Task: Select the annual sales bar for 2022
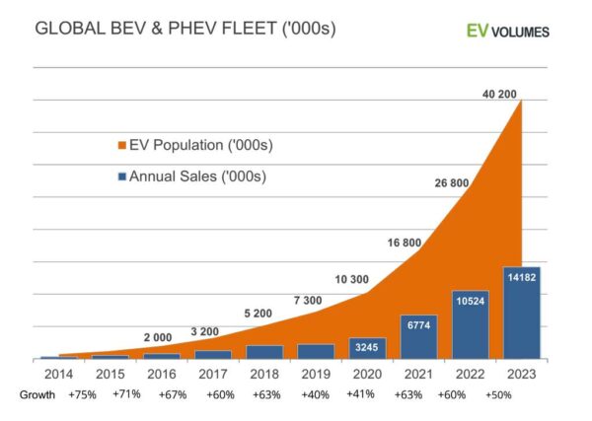click(x=470, y=324)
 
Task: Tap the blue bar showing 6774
click(x=418, y=336)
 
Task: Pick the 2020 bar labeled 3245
click(x=367, y=348)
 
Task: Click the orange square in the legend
click(x=123, y=146)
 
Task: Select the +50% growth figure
click(x=498, y=394)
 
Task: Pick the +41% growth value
click(x=362, y=394)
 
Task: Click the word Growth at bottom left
click(x=37, y=394)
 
